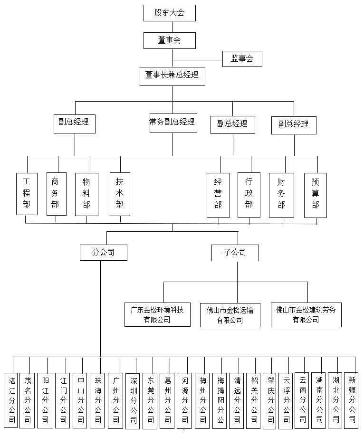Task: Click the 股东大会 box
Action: coord(169,13)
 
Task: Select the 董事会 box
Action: coord(169,40)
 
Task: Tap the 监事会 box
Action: coord(242,59)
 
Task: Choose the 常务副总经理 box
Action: coord(172,122)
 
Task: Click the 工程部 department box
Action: coord(27,194)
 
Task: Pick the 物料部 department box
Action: coord(86,194)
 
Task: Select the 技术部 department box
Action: coord(120,194)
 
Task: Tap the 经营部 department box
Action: coord(218,194)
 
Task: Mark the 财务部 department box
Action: coord(281,194)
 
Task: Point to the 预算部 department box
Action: coord(316,194)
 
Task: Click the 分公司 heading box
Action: coord(103,253)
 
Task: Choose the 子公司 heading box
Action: coord(235,253)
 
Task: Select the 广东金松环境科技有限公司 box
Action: coord(157,314)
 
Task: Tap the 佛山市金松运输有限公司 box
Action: coord(230,315)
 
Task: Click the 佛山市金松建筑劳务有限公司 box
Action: coord(306,315)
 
